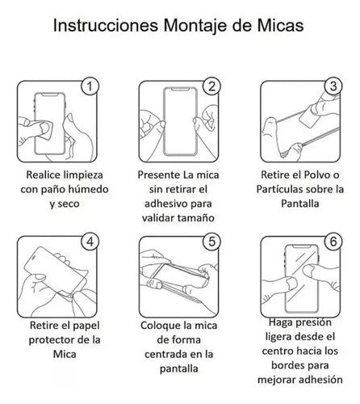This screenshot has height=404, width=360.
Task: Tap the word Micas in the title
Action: pos(278,26)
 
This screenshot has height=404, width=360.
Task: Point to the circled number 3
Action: pos(332,85)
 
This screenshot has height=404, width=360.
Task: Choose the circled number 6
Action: pos(332,240)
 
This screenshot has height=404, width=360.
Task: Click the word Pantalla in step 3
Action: pos(299,205)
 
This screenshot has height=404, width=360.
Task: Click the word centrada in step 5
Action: pos(161,359)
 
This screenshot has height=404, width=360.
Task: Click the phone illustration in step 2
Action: pos(180,117)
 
